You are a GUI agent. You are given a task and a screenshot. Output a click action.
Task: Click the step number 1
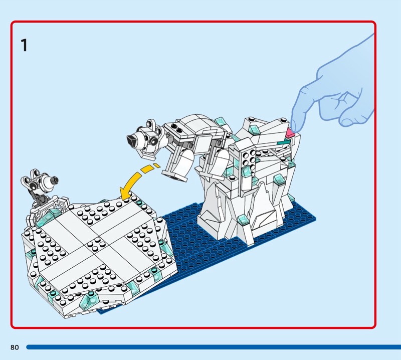click(x=24, y=45)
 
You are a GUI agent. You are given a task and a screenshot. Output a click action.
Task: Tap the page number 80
click(x=15, y=347)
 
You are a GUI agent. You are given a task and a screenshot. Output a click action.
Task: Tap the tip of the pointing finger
click(x=294, y=129)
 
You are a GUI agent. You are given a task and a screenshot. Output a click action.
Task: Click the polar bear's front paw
click(x=176, y=177)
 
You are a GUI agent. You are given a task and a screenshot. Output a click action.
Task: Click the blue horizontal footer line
click(x=214, y=347)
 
